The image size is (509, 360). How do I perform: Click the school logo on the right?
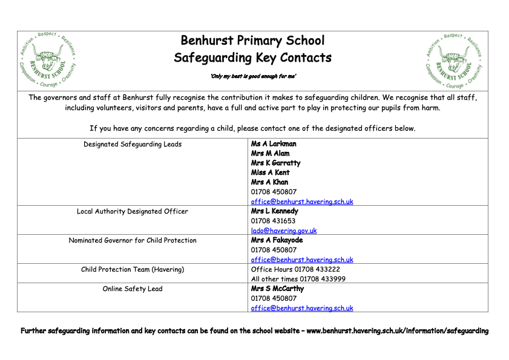pos(455,61)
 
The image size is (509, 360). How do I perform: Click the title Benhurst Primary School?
pos(252,41)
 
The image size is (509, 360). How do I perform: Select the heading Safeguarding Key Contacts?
pos(252,58)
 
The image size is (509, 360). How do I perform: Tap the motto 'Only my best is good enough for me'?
pos(253,76)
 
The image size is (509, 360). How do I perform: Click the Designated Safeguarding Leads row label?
pos(133,145)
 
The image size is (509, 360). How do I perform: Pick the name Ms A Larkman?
pos(274,144)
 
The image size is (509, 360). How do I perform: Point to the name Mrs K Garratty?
pos(275,163)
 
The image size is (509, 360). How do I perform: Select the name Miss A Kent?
pos(270,172)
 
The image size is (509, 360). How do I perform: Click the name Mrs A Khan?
pos(269,182)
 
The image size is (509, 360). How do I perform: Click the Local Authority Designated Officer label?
pos(133,212)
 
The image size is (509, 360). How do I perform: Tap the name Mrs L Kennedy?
pos(274,212)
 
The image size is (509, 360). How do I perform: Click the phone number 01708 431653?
pos(274,221)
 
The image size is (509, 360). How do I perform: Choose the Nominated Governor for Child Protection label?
pos(133,241)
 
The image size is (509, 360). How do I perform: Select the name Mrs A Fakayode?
pos(277,240)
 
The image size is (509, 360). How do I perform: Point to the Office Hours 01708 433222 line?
pos(295,269)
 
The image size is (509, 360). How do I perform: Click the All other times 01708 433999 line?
pos(299,279)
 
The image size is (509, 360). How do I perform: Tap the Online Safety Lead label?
pos(133,289)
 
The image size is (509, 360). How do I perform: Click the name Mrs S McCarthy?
pos(277,289)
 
